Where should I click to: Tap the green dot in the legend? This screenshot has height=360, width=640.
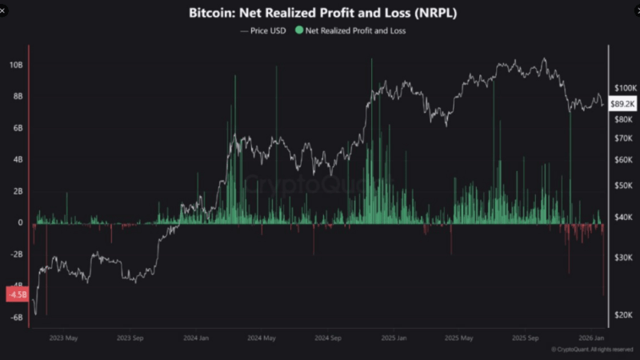tap(299, 30)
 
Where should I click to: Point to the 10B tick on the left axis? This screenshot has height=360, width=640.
tap(16, 65)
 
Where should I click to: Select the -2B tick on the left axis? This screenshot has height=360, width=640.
tap(16, 254)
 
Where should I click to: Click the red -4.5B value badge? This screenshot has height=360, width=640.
tap(17, 294)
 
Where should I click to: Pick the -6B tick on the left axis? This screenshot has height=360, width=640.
tap(16, 318)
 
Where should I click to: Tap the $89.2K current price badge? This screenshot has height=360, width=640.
tap(622, 104)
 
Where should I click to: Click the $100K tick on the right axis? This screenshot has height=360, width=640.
tap(624, 86)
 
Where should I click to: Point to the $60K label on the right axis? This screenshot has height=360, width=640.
tap(624, 159)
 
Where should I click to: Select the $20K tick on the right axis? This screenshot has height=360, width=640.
tap(624, 315)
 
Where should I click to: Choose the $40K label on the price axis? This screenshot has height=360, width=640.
tap(624, 217)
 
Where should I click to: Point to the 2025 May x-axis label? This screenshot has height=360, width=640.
tap(461, 338)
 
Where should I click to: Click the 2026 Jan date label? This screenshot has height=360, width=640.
tap(593, 338)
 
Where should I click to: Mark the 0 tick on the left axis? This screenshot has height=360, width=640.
tap(21, 223)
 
